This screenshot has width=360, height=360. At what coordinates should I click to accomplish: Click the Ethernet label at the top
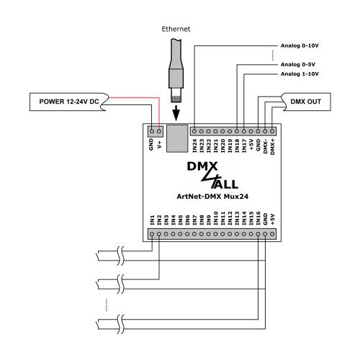coord(176,29)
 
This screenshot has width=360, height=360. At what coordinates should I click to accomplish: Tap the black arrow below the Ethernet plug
coord(176,112)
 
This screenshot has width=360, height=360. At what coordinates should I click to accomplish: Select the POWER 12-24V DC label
coord(69,102)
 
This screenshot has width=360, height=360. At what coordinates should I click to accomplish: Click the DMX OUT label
coord(305,102)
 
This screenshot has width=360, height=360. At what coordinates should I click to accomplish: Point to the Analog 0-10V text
coord(300,45)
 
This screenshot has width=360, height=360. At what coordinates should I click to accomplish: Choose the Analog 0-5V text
coord(298,65)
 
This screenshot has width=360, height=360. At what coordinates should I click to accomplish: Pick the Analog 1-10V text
coord(300,74)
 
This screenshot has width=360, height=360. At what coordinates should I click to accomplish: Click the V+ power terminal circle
coord(159,131)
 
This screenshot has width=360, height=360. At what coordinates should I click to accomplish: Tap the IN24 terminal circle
coord(194,131)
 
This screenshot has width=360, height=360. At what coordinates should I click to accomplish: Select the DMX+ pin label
coord(272,146)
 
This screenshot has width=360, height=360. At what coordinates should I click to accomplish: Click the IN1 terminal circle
coord(152,234)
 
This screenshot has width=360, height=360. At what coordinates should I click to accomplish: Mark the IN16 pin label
coord(258,218)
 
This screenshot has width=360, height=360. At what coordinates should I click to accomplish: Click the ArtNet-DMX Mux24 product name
coord(212,197)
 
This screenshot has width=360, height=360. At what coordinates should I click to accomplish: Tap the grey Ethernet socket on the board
coord(177,138)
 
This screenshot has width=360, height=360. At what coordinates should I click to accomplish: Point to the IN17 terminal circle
coord(244,131)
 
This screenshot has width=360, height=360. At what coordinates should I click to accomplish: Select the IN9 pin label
coord(209,220)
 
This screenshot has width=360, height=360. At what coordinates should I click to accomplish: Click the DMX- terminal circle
coord(265,131)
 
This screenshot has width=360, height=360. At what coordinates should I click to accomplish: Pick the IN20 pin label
coord(222,145)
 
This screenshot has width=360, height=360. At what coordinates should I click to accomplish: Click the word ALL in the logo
coord(225,184)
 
